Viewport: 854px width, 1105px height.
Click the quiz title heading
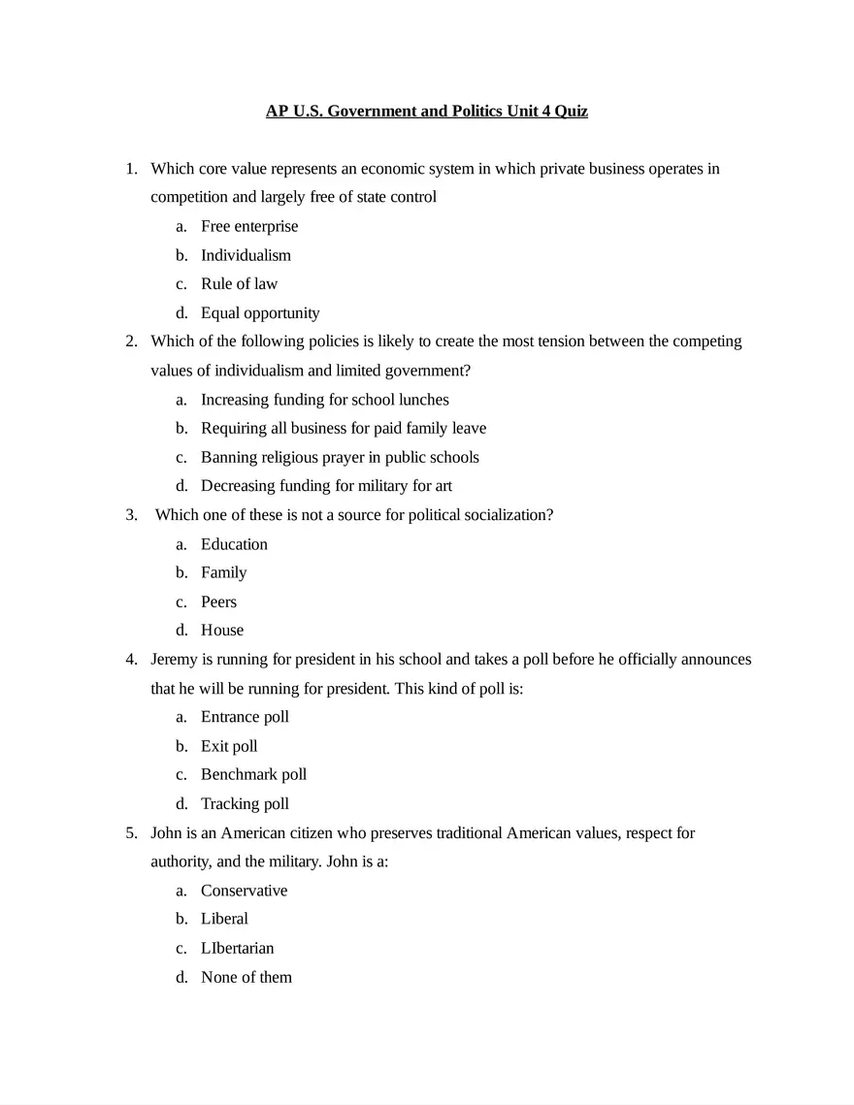tap(427, 111)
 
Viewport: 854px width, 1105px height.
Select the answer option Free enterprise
tap(249, 226)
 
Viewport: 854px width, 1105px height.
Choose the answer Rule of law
tap(239, 283)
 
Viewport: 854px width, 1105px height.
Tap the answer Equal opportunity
tap(260, 312)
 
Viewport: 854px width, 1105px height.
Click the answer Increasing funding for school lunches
tap(324, 399)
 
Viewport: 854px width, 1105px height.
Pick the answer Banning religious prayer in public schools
tap(340, 457)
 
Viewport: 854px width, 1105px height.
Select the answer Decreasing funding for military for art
tap(326, 485)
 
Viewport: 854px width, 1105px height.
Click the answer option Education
tap(234, 544)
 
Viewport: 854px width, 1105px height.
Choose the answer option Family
tap(223, 572)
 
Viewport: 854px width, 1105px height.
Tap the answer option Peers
tap(218, 601)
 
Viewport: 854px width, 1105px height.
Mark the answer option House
tap(222, 630)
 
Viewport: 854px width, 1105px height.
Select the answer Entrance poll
tap(245, 717)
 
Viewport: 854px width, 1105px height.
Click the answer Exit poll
tap(229, 746)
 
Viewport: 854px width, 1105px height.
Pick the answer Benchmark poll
tap(253, 774)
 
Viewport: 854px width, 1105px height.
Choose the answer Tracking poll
tap(245, 803)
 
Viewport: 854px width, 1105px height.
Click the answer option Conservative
tap(244, 891)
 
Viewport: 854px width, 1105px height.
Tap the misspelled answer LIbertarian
tap(237, 948)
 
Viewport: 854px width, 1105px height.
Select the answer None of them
tap(246, 977)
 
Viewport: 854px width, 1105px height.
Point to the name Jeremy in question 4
tap(174, 660)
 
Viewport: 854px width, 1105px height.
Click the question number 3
tap(131, 515)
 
